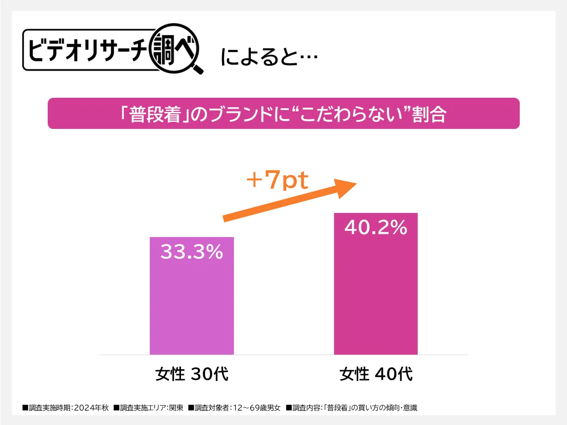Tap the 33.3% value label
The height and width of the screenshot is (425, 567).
click(191, 252)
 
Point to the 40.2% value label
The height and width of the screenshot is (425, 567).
click(376, 228)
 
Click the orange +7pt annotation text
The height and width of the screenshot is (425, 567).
click(277, 181)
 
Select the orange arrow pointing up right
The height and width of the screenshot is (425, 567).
click(288, 200)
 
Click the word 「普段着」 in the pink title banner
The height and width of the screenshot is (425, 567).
click(151, 114)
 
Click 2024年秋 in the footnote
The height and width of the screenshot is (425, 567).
click(92, 407)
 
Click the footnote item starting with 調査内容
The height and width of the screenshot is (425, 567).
click(354, 407)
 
